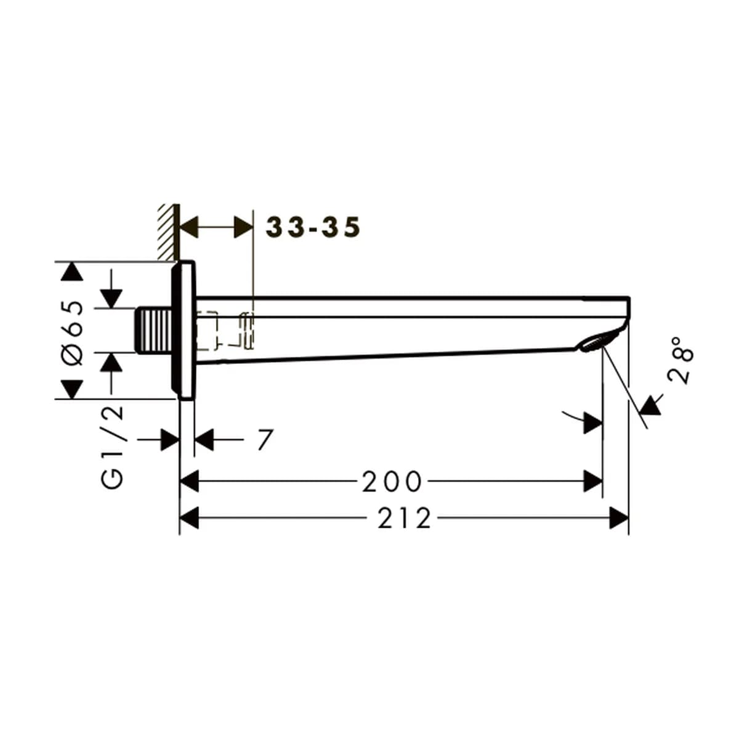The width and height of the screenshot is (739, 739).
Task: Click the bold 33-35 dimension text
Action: [x=313, y=227]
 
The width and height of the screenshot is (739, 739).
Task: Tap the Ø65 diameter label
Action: [x=73, y=333]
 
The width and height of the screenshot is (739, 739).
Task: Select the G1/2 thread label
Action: [x=113, y=447]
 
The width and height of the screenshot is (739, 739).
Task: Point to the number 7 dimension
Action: [x=265, y=440]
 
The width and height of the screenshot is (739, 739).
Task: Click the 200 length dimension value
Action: [x=392, y=482]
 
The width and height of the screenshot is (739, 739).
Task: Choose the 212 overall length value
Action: [x=404, y=519]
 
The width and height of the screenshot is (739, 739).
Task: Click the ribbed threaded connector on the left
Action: [x=153, y=330]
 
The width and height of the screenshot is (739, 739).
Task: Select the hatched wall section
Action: [x=169, y=232]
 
